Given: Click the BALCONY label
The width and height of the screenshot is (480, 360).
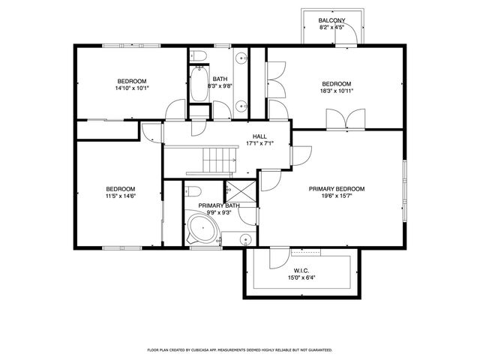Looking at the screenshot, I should click(x=331, y=20).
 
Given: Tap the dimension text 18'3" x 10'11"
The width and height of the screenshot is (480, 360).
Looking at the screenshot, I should click(x=337, y=91).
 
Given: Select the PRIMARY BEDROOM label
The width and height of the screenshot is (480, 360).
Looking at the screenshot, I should click(x=337, y=189).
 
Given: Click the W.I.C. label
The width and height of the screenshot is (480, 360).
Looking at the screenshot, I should click(x=301, y=270).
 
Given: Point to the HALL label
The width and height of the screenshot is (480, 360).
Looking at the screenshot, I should click(x=259, y=136).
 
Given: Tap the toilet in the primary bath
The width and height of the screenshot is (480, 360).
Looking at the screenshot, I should click(x=191, y=190).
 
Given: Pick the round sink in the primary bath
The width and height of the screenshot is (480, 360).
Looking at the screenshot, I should click(x=245, y=239).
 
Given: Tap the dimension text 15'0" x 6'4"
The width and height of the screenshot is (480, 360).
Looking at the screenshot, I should click(x=301, y=277).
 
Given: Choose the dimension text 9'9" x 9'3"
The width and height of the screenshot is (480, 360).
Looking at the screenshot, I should click(x=218, y=212).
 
